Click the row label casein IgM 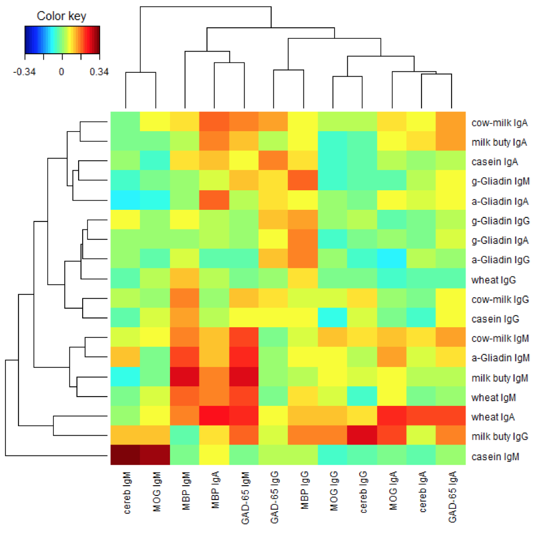pyautogui.click(x=495, y=456)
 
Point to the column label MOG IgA pyautogui.click(x=393, y=493)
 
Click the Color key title pyautogui.click(x=61, y=16)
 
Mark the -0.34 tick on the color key pyautogui.click(x=25, y=72)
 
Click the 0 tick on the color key pyautogui.click(x=61, y=72)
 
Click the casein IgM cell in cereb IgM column pyautogui.click(x=125, y=456)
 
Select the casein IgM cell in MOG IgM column pyautogui.click(x=155, y=456)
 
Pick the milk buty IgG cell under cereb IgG pyautogui.click(x=363, y=437)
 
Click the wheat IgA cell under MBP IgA pyautogui.click(x=215, y=417)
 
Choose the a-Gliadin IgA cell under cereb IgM pyautogui.click(x=125, y=201)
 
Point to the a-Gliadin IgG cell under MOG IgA pyautogui.click(x=392, y=260)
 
